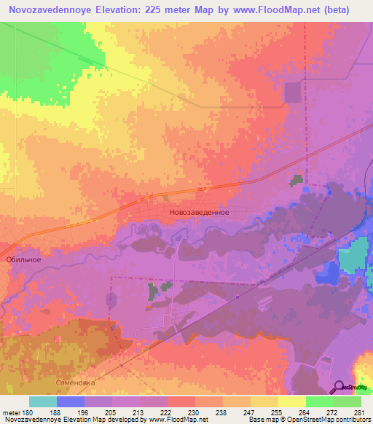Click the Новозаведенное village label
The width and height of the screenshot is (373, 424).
coord(199,212)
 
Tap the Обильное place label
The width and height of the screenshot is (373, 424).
coord(23,259)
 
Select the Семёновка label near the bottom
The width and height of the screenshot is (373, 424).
coord(76,382)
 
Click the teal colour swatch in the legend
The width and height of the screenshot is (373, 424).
coord(42,401)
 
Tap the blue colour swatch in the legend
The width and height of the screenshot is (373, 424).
coord(70,401)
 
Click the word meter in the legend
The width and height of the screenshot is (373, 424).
coord(10,412)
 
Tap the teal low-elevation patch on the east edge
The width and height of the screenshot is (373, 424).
coord(354,257)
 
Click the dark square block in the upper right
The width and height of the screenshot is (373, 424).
coord(291,93)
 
